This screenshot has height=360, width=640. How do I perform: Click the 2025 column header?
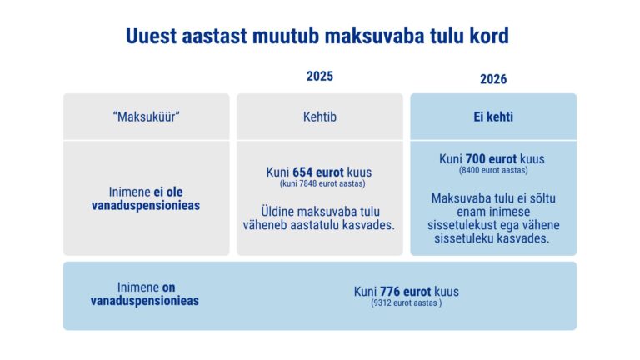pyautogui.click(x=319, y=77)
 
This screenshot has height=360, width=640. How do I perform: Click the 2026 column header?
pyautogui.click(x=493, y=79)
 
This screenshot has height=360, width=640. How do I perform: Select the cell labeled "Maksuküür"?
pyautogui.click(x=147, y=117)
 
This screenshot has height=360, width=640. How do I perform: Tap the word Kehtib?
pyautogui.click(x=319, y=117)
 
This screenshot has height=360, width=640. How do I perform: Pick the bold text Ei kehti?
pyautogui.click(x=493, y=117)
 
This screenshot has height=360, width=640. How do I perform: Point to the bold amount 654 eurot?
pyautogui.click(x=321, y=172)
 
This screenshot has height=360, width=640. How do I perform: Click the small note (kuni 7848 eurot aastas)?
pyautogui.click(x=319, y=184)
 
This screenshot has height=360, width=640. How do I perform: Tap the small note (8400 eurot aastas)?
pyautogui.click(x=493, y=170)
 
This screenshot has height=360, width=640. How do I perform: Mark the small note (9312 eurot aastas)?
pyautogui.click(x=407, y=304)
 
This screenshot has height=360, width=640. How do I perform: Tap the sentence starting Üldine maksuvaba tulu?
pyautogui.click(x=319, y=218)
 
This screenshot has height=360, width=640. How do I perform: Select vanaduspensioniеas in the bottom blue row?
pyautogui.click(x=145, y=300)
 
